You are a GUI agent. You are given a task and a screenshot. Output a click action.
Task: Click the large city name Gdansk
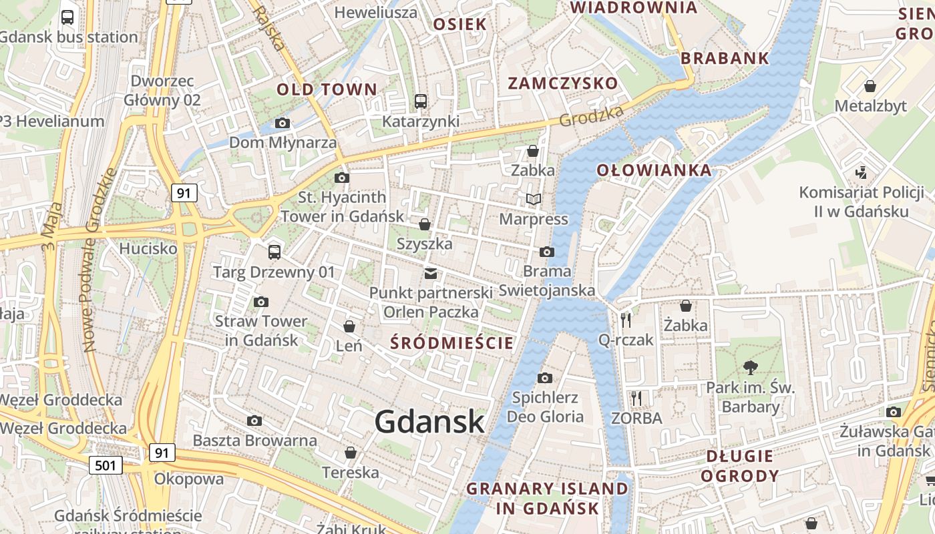pyautogui.click(x=429, y=422)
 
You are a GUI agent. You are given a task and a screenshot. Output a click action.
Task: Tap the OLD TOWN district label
pyautogui.click(x=327, y=89)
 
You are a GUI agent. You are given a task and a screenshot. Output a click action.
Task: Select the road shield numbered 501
pyautogui.click(x=106, y=465)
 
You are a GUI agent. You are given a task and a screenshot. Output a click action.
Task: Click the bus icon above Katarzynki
pyautogui.click(x=421, y=101)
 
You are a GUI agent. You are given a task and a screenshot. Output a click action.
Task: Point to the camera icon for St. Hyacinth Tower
pyautogui.click(x=342, y=178)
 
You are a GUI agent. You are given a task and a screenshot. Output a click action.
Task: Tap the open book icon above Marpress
pyautogui.click(x=533, y=199)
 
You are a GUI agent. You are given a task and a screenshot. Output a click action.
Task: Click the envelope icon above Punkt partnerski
pyautogui.click(x=431, y=273)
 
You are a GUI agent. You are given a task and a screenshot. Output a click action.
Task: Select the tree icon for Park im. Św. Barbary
pyautogui.click(x=751, y=367)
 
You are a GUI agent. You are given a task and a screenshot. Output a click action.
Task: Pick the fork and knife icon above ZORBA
pyautogui.click(x=636, y=398)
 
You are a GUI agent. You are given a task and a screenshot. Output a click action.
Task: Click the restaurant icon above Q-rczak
pyautogui.click(x=626, y=320)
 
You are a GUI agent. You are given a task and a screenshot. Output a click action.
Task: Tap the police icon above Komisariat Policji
pyautogui.click(x=861, y=172)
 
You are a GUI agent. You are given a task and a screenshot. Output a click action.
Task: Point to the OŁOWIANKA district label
pyautogui.click(x=654, y=170)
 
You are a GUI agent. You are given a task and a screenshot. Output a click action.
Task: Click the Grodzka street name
pyautogui.click(x=591, y=117)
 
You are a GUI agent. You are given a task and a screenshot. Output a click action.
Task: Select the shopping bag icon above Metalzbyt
pyautogui.click(x=870, y=86)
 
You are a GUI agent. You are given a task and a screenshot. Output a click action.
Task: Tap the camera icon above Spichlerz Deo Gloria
pyautogui.click(x=545, y=378)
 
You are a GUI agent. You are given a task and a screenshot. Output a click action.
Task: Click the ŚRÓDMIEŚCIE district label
pyautogui.click(x=452, y=343)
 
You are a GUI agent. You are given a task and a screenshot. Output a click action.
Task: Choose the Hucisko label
pyautogui.click(x=148, y=248)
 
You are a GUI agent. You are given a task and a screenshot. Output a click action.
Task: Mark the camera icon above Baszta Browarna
pyautogui.click(x=254, y=421)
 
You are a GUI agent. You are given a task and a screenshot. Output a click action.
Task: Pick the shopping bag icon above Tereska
pyautogui.click(x=351, y=453)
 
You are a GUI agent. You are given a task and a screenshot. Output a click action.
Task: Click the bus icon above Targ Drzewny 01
pyautogui.click(x=274, y=252)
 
